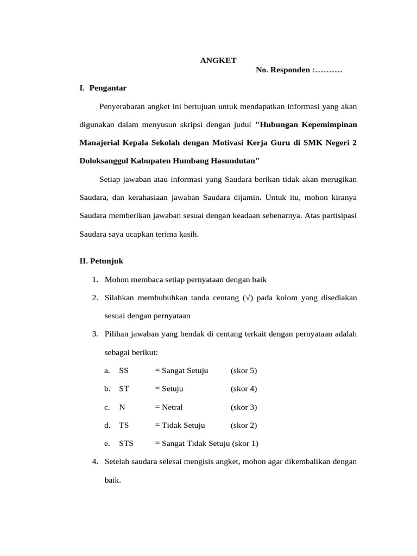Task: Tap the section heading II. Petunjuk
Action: [102, 261]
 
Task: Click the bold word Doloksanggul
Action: [104, 161]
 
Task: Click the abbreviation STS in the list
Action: [126, 444]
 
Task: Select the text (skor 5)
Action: [243, 371]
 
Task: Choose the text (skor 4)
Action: [243, 389]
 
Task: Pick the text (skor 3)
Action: [243, 407]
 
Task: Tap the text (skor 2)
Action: [243, 425]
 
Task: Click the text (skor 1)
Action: [245, 444]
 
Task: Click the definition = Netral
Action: [169, 407]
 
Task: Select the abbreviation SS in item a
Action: [124, 371]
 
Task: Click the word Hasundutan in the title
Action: [233, 161]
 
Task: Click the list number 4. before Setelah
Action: [95, 462]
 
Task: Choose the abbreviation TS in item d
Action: [124, 425]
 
